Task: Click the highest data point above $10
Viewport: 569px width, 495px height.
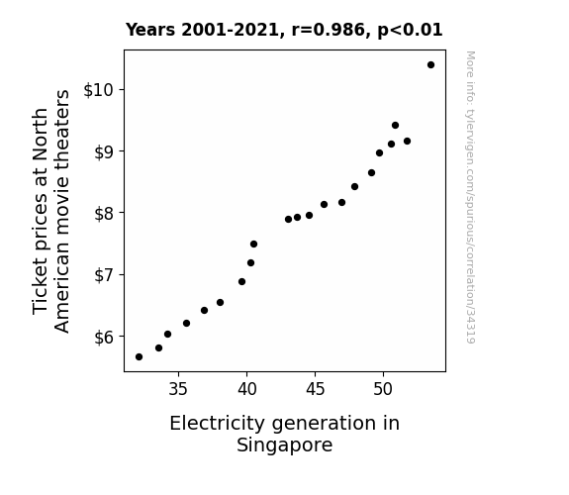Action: (x=430, y=65)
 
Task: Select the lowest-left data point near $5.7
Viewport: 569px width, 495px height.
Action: (x=139, y=357)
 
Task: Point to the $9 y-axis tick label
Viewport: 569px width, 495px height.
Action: (x=104, y=151)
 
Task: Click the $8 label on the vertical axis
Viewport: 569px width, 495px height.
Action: (x=104, y=213)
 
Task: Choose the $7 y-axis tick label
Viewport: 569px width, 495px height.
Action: (x=104, y=275)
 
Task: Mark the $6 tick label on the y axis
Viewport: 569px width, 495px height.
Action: (x=104, y=337)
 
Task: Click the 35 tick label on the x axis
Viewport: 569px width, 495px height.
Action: (x=178, y=389)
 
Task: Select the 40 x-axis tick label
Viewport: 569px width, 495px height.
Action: (x=246, y=389)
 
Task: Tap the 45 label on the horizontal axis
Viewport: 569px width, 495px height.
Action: (x=315, y=389)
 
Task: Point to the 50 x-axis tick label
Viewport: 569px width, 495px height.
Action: (x=383, y=389)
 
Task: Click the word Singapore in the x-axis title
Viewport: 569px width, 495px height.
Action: (x=285, y=445)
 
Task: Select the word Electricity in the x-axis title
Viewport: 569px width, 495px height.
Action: (x=217, y=424)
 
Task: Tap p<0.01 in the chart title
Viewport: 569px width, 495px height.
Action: (x=410, y=30)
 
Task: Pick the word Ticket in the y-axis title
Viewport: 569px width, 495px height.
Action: (x=41, y=287)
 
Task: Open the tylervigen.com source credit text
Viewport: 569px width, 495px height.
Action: (x=470, y=197)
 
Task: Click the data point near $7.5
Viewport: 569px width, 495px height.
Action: (x=253, y=245)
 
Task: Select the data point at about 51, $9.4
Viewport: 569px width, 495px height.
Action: (x=395, y=126)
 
